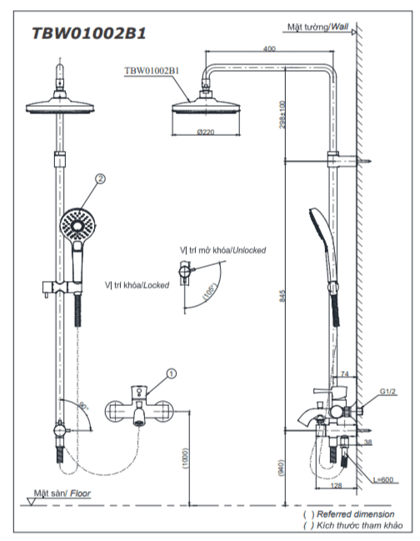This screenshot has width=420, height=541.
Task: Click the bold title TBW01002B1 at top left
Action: click(x=89, y=33)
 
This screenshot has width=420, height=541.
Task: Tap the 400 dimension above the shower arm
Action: click(x=269, y=48)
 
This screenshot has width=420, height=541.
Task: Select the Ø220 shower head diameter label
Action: click(x=206, y=132)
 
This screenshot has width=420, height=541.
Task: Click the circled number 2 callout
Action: click(x=100, y=178)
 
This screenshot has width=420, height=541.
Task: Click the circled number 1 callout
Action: click(x=172, y=373)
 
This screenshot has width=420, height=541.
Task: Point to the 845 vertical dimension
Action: click(x=282, y=296)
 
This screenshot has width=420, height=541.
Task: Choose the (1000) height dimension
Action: click(x=185, y=458)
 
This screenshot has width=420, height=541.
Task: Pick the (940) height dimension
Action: click(x=281, y=468)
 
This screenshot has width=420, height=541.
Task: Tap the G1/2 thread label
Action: click(x=387, y=391)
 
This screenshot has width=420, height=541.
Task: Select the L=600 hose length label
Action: click(x=383, y=479)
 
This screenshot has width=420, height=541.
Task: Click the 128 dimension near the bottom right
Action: click(x=336, y=485)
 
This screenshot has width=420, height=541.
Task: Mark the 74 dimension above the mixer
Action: click(x=344, y=373)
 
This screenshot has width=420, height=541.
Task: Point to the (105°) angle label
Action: click(x=210, y=291)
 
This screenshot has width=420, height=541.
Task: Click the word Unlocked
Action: click(x=249, y=250)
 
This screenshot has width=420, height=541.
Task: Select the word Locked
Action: click(x=156, y=285)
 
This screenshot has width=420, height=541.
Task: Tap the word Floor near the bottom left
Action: click(x=80, y=493)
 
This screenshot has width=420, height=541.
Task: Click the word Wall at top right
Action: click(x=340, y=27)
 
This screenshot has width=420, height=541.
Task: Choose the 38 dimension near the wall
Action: click(x=368, y=442)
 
